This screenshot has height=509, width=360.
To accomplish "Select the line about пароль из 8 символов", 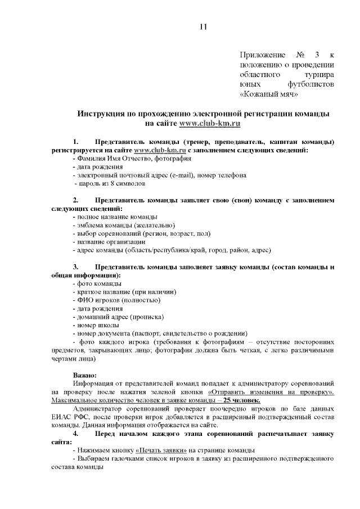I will [x=110, y=183].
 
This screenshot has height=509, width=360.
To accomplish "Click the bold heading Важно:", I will [x=84, y=375].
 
